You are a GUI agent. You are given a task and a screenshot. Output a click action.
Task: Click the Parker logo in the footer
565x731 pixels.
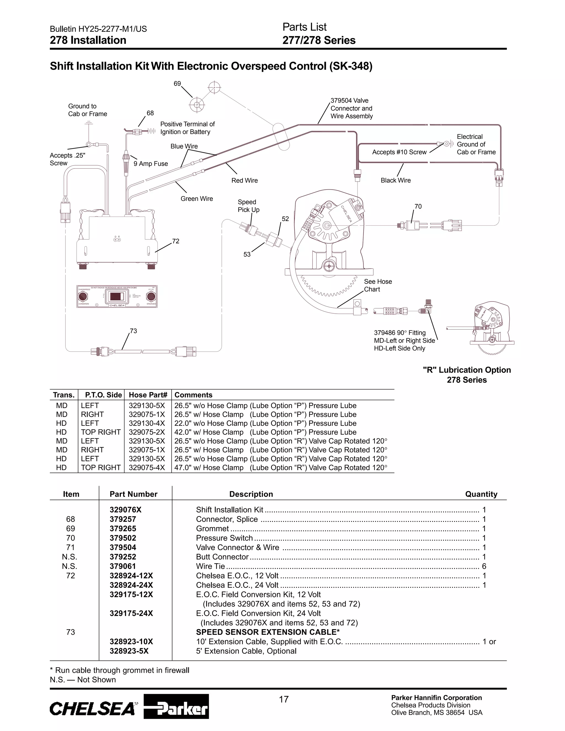coord(176,706)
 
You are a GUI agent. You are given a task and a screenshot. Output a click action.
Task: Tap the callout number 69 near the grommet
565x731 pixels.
coord(177,84)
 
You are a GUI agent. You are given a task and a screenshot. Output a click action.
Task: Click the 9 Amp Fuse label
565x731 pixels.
coord(151,164)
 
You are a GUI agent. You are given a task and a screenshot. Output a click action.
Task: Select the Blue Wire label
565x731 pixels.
coord(184,146)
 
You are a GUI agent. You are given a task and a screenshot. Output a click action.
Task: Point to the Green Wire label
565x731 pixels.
coord(197,199)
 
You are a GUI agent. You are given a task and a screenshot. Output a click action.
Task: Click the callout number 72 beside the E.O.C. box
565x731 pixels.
coord(176,241)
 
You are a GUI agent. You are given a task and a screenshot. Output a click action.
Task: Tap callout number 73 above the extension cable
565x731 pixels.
coord(133,331)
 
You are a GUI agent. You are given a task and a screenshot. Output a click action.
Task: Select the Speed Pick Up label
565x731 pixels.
coord(248,206)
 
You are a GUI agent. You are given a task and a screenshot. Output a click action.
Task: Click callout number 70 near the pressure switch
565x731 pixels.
coord(418,207)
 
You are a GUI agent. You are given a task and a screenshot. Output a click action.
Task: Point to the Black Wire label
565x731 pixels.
coord(396,180)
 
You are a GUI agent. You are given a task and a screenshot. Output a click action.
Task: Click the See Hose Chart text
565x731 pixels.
coord(378,286)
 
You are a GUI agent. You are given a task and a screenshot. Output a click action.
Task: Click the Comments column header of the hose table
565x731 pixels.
coord(193,395)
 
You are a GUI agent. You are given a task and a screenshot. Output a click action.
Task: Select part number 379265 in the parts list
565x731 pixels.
coord(123,529)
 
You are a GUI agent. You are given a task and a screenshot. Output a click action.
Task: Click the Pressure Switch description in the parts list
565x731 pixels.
coord(224,538)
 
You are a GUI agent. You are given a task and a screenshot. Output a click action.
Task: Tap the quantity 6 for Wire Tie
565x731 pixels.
coord(484,566)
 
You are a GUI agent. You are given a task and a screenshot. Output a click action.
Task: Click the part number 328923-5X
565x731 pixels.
coord(129,651)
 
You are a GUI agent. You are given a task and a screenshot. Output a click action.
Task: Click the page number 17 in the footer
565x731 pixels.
coord(284,699)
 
